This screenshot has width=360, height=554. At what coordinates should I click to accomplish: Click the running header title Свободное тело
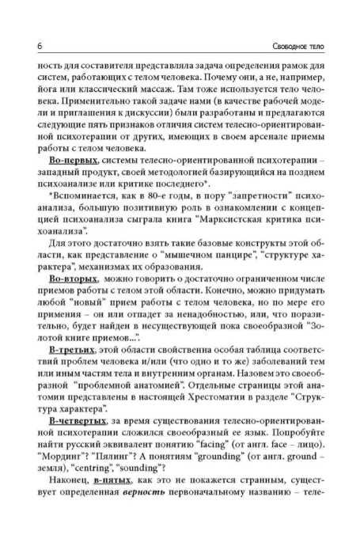click(x=301, y=44)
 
